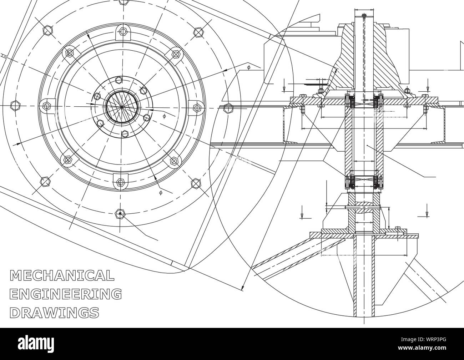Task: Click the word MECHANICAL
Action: tap(62, 275)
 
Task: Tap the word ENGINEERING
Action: tap(66, 294)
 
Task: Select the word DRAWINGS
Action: tap(55, 313)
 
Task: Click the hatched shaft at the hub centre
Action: tap(122, 106)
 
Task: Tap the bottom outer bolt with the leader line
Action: tap(120, 214)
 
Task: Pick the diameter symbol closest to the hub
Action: tap(164, 116)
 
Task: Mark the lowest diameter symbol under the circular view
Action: tap(160, 192)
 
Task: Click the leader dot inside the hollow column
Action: tap(367, 145)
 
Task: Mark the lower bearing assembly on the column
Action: tap(364, 182)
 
